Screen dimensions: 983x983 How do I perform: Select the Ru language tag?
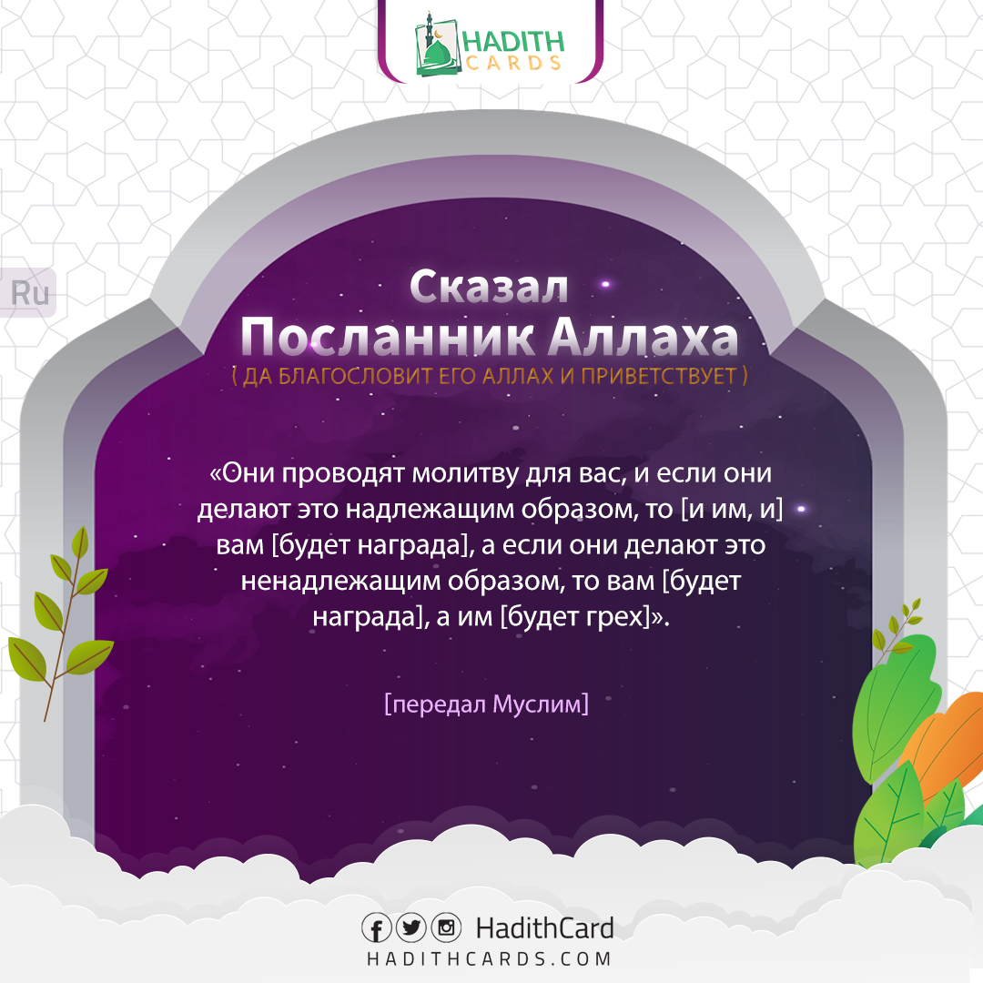coord(29,293)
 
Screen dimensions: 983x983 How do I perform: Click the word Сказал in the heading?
coord(489,287)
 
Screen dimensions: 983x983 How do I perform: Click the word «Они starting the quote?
coord(242,473)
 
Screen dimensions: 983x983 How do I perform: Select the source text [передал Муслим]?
coord(487,704)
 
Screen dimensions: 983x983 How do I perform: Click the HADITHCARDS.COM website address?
coord(489,958)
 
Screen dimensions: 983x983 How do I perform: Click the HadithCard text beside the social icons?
coord(544,928)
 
